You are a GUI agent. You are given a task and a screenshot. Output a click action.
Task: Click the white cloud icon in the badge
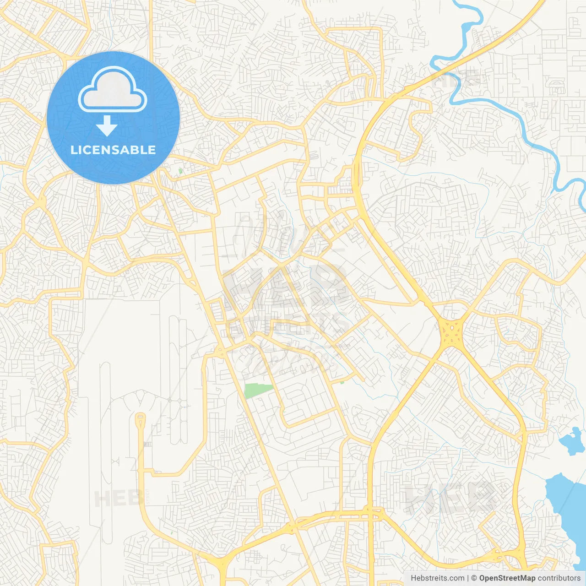pos(113,90)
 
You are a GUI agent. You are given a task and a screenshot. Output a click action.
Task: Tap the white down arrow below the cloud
pos(107,126)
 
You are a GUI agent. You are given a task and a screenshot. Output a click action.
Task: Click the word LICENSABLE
pos(113,150)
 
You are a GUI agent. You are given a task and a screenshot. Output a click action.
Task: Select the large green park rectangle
pos(258,391)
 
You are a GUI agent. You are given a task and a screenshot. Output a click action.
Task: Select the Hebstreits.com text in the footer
pos(437,578)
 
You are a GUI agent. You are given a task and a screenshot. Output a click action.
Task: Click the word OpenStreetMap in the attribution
pos(507,578)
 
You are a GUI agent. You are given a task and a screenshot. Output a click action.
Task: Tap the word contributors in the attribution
pos(559,578)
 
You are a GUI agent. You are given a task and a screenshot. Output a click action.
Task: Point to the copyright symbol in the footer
pos(474,578)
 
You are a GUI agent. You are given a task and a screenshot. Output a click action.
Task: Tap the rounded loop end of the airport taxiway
pos(140,418)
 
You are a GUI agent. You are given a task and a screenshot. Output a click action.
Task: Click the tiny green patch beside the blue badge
pos(180,171)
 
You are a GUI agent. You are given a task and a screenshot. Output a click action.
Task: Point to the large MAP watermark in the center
pos(286,286)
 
